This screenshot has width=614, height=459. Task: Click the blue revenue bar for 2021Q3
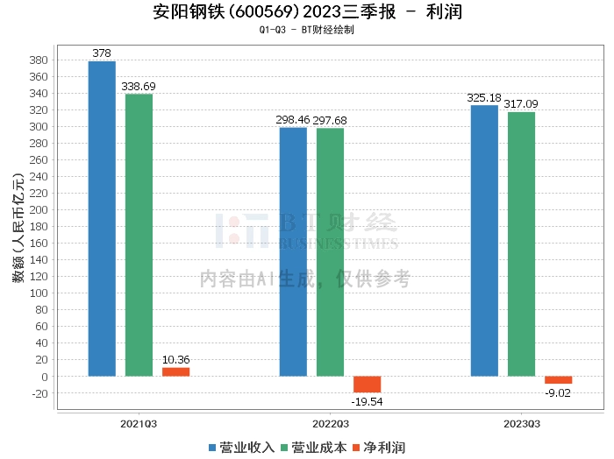click(102, 219)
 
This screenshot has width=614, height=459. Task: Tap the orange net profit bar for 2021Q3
click(175, 371)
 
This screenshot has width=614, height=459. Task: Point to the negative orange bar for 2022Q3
click(367, 385)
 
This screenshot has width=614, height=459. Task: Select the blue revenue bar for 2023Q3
click(484, 241)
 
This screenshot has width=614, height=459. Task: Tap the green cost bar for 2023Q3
click(521, 244)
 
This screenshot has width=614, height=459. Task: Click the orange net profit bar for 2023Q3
click(558, 380)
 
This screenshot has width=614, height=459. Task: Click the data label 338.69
click(139, 87)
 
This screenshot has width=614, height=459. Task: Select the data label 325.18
click(484, 98)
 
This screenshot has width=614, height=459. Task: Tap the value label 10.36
click(175, 360)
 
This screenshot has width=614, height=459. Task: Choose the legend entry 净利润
click(378, 448)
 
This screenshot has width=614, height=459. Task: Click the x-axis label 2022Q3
click(330, 423)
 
